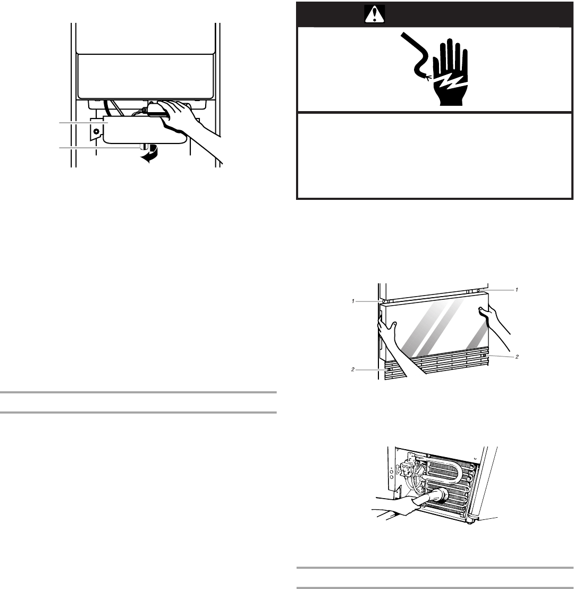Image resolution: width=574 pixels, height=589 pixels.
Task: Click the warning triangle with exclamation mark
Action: [x=374, y=16]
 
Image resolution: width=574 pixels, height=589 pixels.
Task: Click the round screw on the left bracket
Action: [x=96, y=130]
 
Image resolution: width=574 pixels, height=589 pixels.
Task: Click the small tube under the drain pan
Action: [x=142, y=147]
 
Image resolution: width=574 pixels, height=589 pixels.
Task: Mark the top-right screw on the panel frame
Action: [x=479, y=290]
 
